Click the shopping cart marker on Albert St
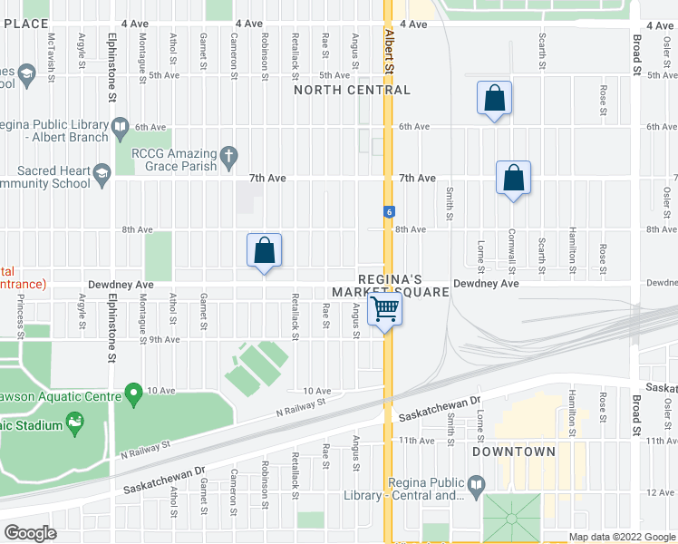(x=386, y=309)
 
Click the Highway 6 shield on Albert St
(x=389, y=211)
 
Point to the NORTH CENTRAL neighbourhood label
(x=353, y=91)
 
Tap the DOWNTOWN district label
(x=513, y=452)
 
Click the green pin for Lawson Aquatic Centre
(x=134, y=394)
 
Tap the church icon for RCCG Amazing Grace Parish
(x=230, y=155)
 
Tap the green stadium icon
(x=74, y=422)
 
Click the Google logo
(x=30, y=533)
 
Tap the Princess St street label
(x=20, y=318)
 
